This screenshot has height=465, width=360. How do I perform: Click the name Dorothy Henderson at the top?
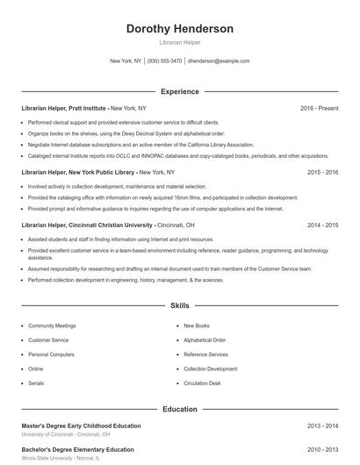coord(180,29)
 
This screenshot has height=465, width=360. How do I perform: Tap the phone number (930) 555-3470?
coord(165,61)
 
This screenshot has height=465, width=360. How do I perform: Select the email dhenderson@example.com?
coord(220,61)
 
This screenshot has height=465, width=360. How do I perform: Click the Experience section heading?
coord(180,91)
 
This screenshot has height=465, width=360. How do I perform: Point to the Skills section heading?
coord(180,306)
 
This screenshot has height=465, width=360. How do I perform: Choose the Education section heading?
coord(180,410)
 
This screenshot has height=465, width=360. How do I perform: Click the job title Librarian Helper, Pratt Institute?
coord(65,108)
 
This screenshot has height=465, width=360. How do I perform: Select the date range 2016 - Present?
coord(319,108)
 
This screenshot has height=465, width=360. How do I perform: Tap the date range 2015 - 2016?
coord(323,173)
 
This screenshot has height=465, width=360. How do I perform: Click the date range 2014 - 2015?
coord(323,225)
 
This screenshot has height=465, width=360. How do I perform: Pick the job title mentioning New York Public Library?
coord(79,173)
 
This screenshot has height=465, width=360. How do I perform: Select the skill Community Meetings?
coord(53,325)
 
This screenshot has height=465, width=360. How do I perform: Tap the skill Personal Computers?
coord(51,354)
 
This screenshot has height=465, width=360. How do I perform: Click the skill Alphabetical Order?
coord(205,340)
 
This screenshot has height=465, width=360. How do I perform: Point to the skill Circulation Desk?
coord(202,383)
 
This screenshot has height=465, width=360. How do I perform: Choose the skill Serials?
coord(36,383)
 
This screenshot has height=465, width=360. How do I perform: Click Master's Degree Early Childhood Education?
coord(81,426)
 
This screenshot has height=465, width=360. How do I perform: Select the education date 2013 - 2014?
coord(323,426)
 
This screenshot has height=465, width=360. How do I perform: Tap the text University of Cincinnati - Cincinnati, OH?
coord(66,434)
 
